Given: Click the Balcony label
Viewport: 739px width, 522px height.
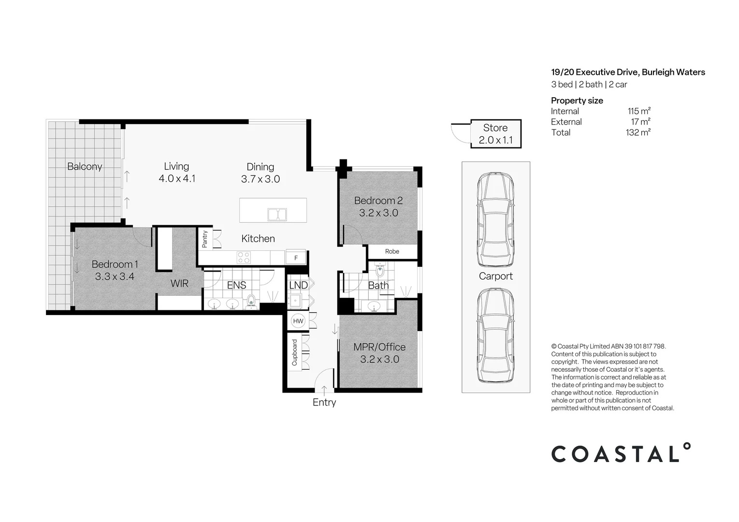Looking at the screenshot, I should point(85,167).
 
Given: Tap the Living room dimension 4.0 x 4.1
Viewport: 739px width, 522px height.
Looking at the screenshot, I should point(177,178).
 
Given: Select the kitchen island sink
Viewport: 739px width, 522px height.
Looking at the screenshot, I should point(277,214).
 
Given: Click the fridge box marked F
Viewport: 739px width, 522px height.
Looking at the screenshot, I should point(296,258).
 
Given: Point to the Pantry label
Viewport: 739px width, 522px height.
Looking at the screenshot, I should point(204,239).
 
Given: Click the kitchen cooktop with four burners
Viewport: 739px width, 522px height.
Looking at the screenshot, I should point(244,257).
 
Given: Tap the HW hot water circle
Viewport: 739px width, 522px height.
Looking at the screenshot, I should point(298,321).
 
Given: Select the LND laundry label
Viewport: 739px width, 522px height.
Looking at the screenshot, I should point(298,285).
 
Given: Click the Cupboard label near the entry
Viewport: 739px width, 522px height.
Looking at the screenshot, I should point(294,352).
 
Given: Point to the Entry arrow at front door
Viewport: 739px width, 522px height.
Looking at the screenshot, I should point(324,389).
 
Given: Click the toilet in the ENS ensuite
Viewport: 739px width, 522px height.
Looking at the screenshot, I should point(251,301).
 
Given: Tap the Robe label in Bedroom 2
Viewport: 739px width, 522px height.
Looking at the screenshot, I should point(392,251).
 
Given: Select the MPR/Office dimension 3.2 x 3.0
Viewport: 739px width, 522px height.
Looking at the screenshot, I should point(379,359).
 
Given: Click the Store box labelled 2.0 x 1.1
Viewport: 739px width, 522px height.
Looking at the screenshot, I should point(495,134).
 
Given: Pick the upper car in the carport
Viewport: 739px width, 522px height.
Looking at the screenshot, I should point(495,219).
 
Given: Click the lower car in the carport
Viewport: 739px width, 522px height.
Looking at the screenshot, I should point(495,335).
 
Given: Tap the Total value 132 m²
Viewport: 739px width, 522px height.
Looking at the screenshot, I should point(638,132).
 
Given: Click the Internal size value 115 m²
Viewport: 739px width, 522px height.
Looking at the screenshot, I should point(638,111).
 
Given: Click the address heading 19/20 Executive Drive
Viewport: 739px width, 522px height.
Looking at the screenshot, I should point(628,72).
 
